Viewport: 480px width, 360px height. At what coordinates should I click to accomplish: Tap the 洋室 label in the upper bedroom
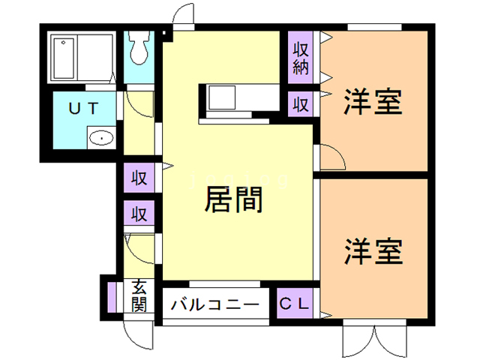pos(373,103)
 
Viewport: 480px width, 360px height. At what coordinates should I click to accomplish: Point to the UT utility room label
pos(82,107)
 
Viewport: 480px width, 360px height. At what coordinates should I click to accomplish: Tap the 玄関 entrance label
pos(139,295)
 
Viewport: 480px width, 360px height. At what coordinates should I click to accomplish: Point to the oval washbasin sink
pos(100,138)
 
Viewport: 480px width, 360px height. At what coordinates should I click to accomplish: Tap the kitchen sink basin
pos(223,97)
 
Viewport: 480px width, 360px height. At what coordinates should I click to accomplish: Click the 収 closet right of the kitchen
pos(301,103)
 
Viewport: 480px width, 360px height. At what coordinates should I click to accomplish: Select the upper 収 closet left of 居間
pos(139,178)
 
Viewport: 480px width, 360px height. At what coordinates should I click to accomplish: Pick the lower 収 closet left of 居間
pos(139,214)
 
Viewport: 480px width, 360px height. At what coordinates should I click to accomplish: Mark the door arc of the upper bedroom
pos(331,155)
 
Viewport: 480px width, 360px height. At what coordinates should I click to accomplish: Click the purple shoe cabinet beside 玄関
pos(112,295)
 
